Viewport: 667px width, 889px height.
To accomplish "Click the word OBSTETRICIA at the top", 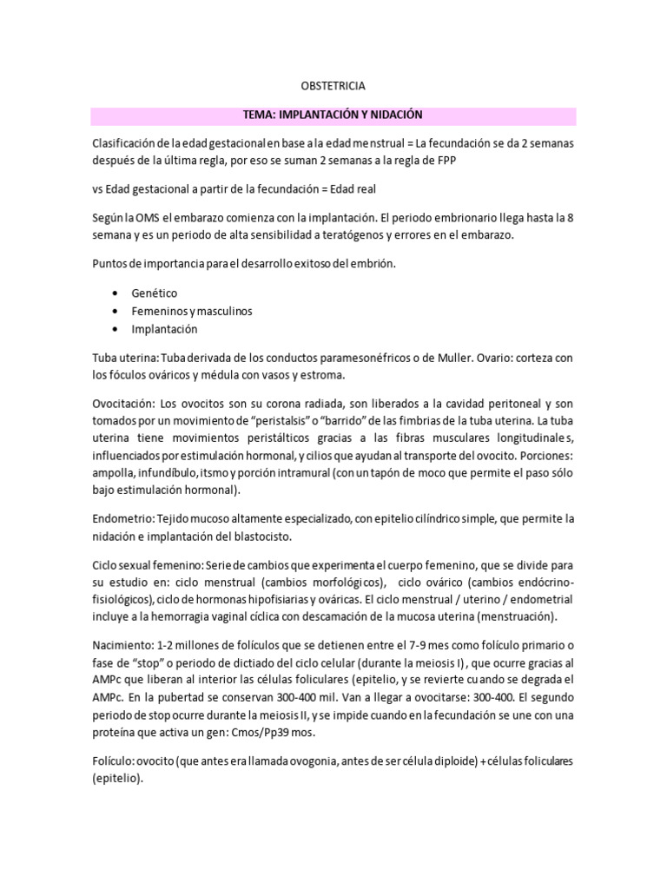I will click(333, 87).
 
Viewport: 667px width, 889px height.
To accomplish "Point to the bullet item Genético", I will click(154, 293).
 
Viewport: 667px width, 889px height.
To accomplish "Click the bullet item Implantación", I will click(164, 329).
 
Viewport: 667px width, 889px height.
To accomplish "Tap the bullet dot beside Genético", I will click(116, 293).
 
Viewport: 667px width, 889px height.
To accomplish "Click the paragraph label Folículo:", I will click(114, 761).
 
